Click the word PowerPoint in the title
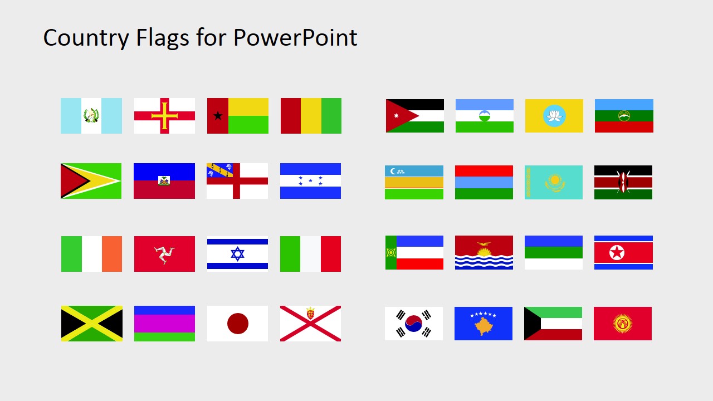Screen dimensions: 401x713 [295, 38]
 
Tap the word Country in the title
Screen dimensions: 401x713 [86, 38]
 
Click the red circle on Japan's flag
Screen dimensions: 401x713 [238, 324]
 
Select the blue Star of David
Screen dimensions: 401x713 [238, 254]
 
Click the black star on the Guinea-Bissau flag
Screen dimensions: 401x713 [218, 116]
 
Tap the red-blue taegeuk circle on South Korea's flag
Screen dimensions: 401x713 [414, 324]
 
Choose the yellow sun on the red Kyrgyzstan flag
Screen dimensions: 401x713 [623, 324]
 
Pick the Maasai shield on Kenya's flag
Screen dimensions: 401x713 [623, 182]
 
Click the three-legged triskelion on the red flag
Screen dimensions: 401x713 [165, 254]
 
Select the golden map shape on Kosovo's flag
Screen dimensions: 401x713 [484, 326]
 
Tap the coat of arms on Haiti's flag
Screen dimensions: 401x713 [164, 180]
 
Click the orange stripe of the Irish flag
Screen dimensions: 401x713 [112, 254]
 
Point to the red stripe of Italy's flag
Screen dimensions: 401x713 [331, 254]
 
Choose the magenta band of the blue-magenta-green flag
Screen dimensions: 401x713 [165, 324]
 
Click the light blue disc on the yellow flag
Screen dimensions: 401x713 [554, 116]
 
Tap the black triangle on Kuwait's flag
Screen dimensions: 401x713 [530, 324]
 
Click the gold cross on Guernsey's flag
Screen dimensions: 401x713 [165, 116]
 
